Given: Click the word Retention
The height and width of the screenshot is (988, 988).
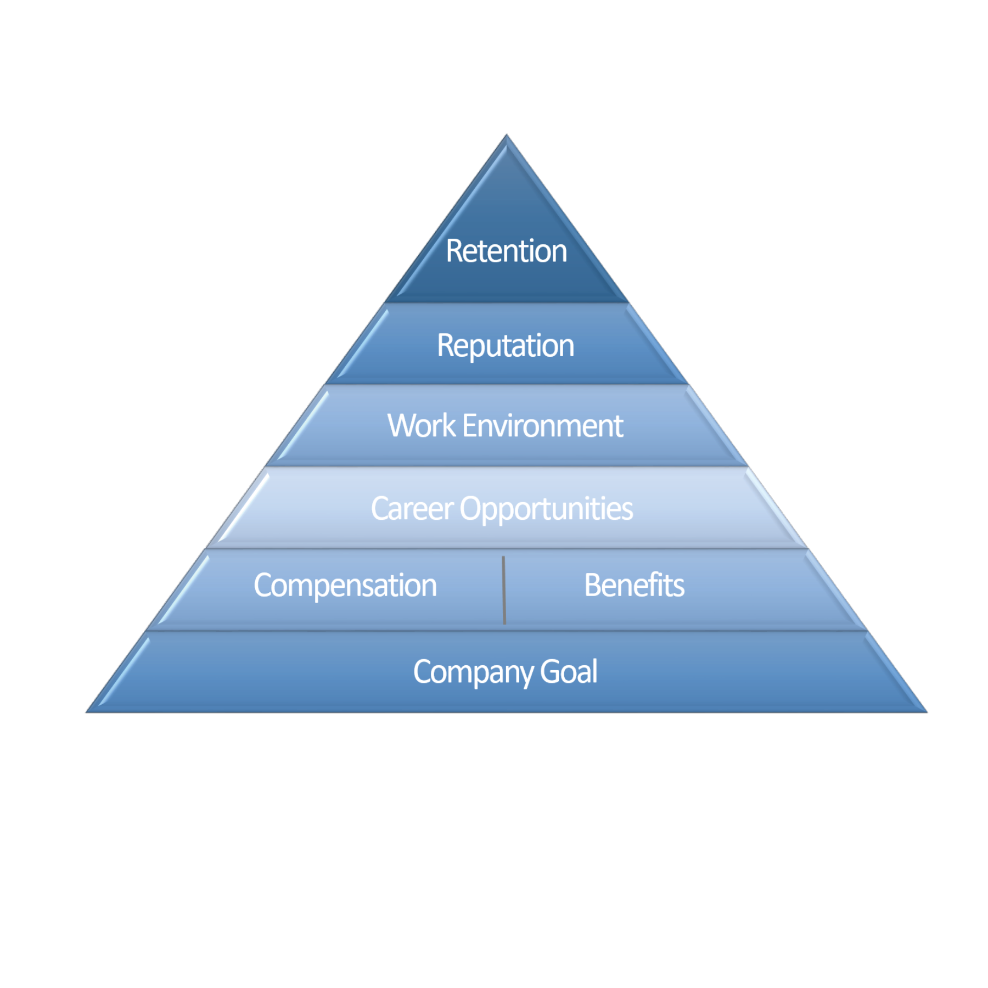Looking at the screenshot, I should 506,251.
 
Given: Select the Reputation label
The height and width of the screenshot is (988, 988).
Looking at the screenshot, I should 506,346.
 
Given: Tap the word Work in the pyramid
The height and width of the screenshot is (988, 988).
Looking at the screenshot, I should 422,426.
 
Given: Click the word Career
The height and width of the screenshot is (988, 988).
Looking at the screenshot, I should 412,509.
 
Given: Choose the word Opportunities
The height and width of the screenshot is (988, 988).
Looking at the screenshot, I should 546,509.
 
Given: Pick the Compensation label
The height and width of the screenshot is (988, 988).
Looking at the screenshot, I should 345,585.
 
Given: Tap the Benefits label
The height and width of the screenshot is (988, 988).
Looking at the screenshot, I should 634,585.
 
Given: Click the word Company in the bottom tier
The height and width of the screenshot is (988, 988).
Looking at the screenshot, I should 473,672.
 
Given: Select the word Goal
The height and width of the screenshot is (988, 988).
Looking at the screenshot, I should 569,671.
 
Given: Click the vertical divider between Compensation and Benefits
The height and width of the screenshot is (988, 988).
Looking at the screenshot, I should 504,590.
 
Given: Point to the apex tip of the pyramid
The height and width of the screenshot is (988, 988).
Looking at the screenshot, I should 507,134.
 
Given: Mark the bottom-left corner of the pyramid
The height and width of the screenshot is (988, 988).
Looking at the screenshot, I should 86,712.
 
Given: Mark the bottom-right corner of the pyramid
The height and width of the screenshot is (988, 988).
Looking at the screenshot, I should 927,712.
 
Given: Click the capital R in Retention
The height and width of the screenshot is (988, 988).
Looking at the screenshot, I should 455,251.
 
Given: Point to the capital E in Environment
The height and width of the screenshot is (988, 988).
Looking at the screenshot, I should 470,426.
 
